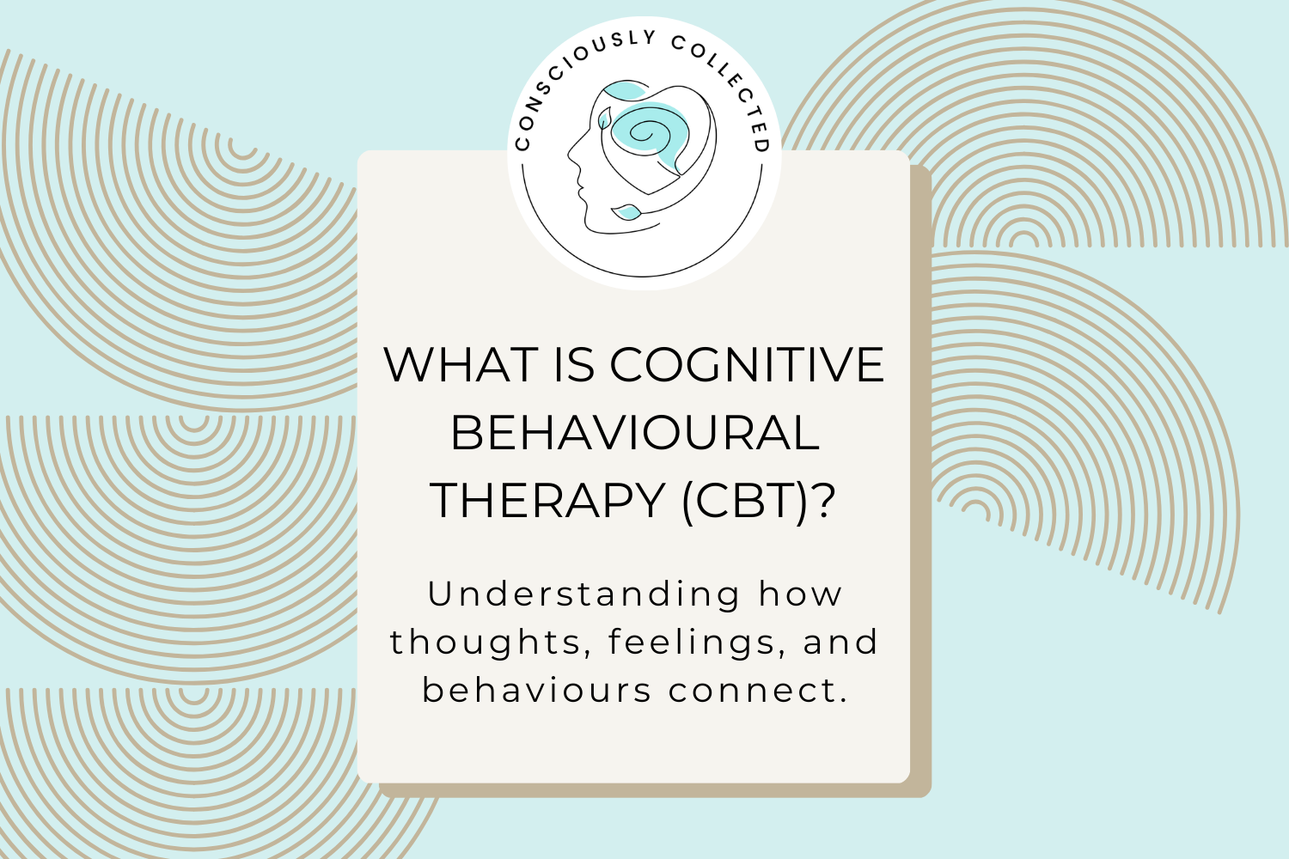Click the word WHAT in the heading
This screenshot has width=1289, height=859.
[461, 365]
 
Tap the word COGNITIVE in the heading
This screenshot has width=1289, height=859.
[747, 365]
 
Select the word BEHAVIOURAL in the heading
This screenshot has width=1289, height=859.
[634, 433]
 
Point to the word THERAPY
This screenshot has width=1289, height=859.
[548, 501]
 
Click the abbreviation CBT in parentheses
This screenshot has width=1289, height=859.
[746, 501]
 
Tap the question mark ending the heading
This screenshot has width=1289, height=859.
[823, 501]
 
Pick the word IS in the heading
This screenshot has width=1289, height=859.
[574, 365]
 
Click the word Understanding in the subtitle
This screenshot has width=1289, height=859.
[583, 594]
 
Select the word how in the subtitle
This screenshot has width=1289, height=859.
[801, 594]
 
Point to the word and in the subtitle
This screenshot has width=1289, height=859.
[841, 643]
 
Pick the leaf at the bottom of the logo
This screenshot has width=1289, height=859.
[626, 211]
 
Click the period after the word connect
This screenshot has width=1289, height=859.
[844, 700]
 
